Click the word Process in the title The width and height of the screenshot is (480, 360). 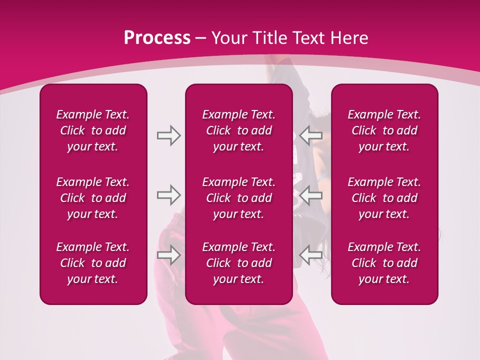pos(157,38)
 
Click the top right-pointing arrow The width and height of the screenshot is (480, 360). pos(168,135)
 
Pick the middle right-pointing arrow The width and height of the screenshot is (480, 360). pos(168,195)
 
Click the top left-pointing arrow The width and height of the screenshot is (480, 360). pos(310,135)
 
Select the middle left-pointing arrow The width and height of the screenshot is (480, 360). pos(310,195)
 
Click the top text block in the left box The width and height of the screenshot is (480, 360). pos(93,130)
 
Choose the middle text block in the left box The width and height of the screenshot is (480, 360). pos(93,198)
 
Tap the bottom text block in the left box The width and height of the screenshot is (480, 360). pos(93,263)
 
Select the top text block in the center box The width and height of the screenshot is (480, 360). pos(238,130)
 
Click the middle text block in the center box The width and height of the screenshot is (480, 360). pos(238,198)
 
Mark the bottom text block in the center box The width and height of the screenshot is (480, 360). pos(238,263)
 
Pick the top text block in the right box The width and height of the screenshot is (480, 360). pos(384,130)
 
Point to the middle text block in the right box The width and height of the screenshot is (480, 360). pos(384,198)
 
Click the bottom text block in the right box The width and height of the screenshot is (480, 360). pos(384,263)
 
